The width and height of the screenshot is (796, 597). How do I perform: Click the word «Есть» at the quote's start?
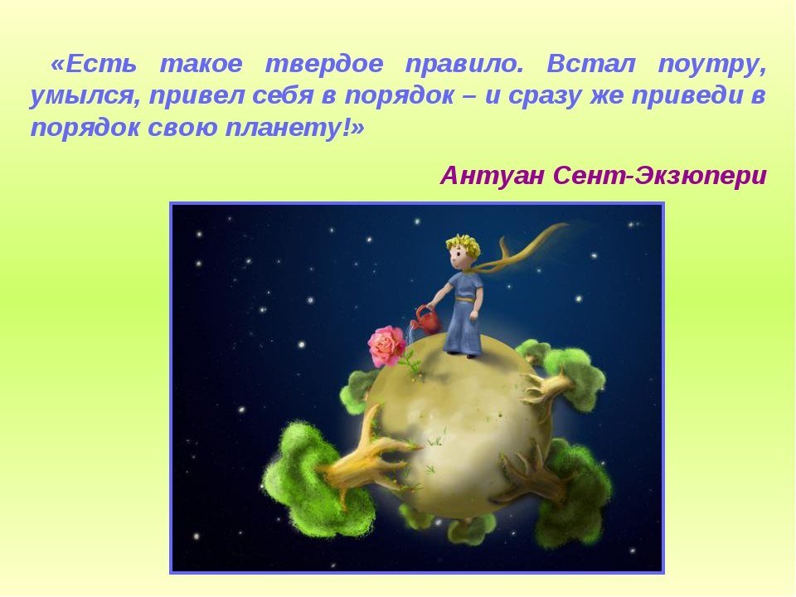(x=95, y=64)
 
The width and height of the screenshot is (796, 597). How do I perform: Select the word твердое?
(x=324, y=64)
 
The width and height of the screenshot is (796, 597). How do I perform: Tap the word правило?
(x=464, y=65)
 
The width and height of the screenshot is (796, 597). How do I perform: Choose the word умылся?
(x=85, y=96)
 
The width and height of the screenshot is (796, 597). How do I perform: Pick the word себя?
(x=282, y=95)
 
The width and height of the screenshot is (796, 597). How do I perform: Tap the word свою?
(x=182, y=128)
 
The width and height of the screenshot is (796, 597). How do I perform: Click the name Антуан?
(x=493, y=176)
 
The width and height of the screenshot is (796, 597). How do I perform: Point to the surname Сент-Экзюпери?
(x=660, y=176)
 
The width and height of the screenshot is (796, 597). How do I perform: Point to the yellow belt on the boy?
(x=463, y=299)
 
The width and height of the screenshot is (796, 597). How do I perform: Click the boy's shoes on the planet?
(x=463, y=353)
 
